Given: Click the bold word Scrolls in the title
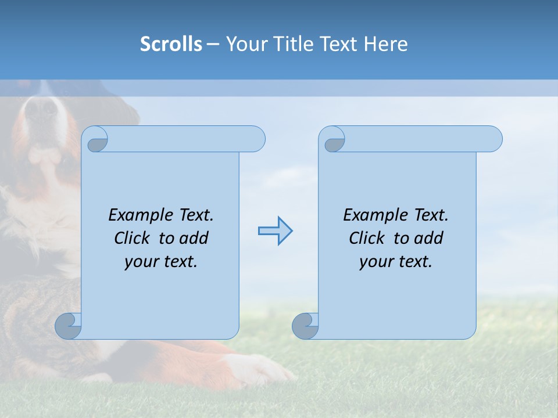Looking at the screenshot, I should (171, 44).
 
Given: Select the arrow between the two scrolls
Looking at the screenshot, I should (275, 230).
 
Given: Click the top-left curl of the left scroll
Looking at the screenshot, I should (97, 141).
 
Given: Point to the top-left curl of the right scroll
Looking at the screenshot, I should (334, 141).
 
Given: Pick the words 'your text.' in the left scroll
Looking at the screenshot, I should (161, 262).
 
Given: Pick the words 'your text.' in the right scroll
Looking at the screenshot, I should (396, 262).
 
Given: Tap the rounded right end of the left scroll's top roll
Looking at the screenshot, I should (256, 139).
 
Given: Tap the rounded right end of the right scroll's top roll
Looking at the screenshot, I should (493, 139).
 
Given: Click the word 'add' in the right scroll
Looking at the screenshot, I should (429, 238).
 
